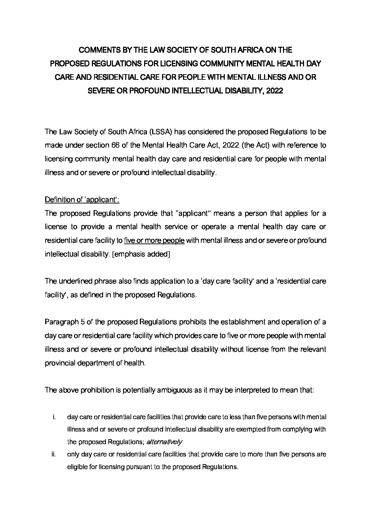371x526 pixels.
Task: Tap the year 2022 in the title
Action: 275,91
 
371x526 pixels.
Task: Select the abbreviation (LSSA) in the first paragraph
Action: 161,132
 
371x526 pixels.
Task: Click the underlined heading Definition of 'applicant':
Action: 82,200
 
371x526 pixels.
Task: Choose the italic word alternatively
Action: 164,442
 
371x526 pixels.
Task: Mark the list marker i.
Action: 54,417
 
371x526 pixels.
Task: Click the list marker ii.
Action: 54,454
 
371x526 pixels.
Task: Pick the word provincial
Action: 61,363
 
